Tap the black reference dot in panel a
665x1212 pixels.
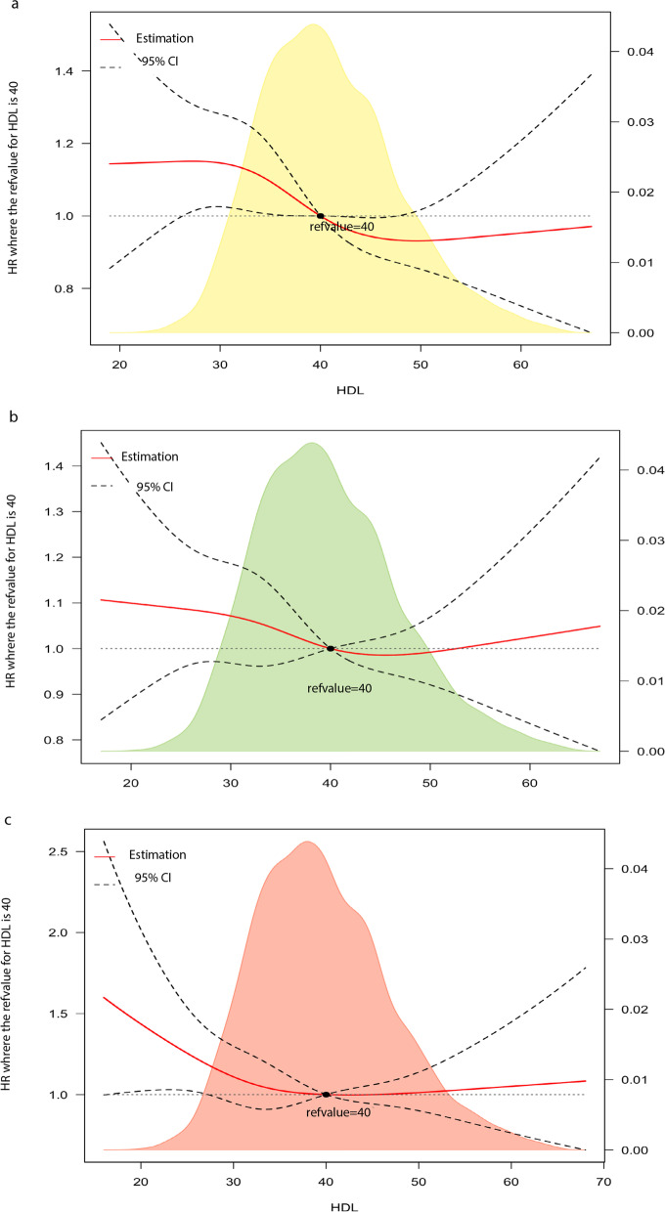pos(320,216)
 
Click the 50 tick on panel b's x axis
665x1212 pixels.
pos(429,783)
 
